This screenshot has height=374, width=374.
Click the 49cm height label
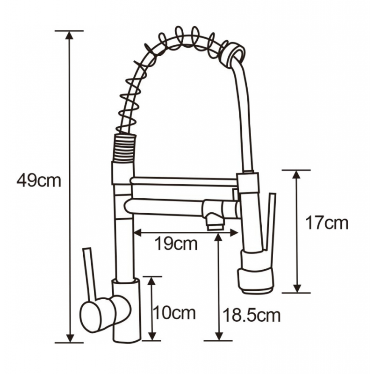point(39,181)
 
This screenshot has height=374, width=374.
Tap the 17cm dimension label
point(327,223)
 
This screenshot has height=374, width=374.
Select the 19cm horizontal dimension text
point(176,244)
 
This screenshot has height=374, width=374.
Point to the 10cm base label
point(174,313)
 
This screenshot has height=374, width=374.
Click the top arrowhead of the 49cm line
point(69,36)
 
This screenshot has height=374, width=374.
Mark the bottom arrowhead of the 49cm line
point(70,338)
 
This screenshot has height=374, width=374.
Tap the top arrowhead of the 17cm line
point(296,174)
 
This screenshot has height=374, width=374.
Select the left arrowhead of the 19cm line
point(138,233)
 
